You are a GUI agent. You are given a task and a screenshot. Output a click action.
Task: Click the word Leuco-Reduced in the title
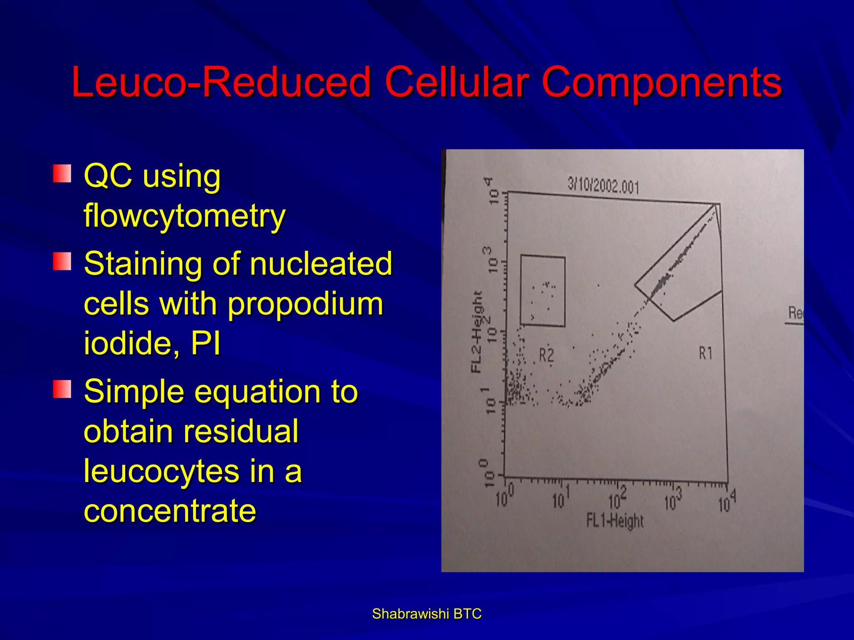(221, 82)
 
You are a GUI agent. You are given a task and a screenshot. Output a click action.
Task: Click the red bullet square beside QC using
(62, 173)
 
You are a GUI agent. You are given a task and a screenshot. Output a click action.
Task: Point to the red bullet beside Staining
(62, 261)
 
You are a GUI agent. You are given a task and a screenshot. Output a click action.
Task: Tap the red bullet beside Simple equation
(62, 389)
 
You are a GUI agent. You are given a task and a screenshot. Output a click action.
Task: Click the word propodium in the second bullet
(305, 304)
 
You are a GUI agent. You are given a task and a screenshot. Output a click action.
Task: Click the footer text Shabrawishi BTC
(427, 614)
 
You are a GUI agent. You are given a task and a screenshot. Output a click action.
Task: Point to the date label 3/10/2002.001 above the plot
(603, 185)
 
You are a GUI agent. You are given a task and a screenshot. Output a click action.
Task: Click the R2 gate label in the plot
(546, 355)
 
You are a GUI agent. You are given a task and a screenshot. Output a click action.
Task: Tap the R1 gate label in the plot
(706, 353)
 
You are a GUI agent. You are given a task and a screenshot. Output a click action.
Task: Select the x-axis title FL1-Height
(615, 521)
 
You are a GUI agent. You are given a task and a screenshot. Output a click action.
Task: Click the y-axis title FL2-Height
(477, 331)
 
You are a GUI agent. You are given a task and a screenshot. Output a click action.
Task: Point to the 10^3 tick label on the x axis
(673, 500)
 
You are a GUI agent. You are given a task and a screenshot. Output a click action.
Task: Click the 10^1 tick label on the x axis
(560, 498)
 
